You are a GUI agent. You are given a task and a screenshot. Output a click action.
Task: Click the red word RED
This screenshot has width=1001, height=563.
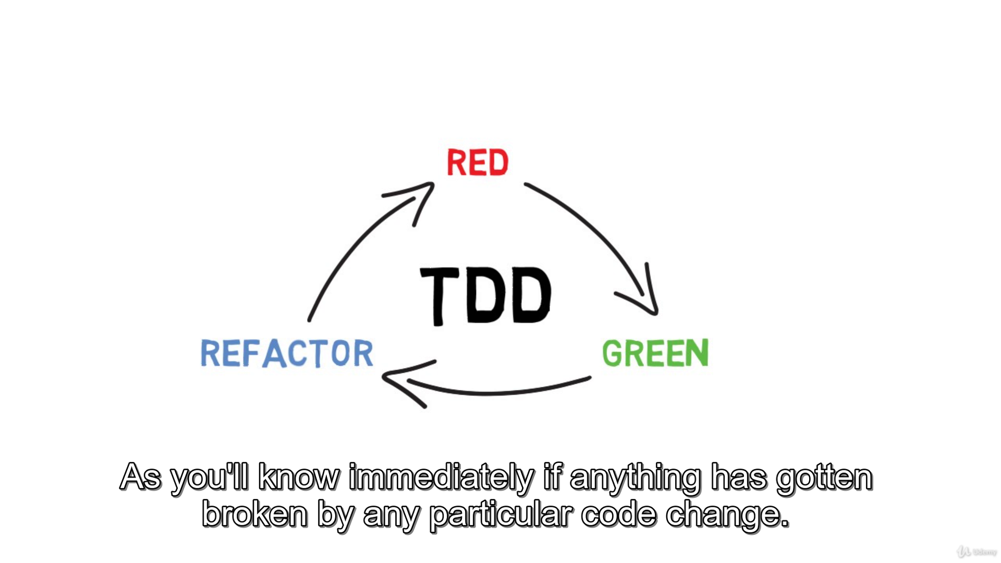478,162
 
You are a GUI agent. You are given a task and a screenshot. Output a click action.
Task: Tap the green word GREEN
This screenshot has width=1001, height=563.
655,353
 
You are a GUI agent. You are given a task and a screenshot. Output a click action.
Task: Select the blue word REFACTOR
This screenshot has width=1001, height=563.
287,353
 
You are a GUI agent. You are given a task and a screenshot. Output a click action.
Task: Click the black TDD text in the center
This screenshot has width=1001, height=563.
485,296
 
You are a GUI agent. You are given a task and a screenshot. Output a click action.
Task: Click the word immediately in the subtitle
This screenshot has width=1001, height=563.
441,478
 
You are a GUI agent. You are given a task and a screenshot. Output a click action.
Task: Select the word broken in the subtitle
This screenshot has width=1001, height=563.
255,515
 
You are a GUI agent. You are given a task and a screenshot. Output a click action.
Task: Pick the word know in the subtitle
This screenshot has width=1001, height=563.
299,477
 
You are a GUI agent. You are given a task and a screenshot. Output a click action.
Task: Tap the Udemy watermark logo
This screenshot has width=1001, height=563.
976,552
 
